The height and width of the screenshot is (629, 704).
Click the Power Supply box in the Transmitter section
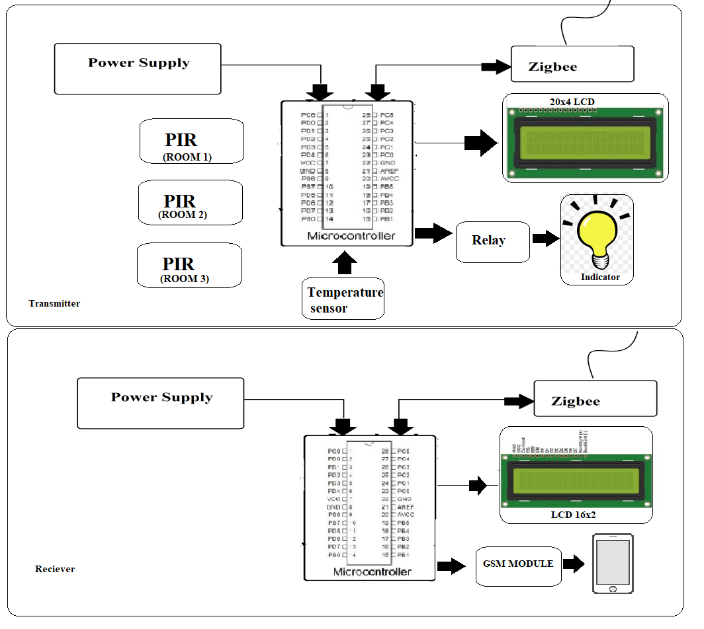[138, 69]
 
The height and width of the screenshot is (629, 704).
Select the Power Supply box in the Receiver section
[161, 403]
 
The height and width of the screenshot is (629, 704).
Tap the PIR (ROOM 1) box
[192, 141]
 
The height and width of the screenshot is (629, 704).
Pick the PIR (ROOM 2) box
[191, 202]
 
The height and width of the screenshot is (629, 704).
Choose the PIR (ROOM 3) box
[189, 265]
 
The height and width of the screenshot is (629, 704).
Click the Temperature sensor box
[343, 299]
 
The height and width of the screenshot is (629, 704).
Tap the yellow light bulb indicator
[596, 234]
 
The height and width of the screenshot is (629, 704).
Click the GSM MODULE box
[518, 566]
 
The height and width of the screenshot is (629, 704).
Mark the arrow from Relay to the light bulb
[546, 239]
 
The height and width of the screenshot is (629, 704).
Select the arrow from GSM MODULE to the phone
[573, 564]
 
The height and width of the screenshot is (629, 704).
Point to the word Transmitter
[54, 304]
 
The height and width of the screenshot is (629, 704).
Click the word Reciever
[55, 569]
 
